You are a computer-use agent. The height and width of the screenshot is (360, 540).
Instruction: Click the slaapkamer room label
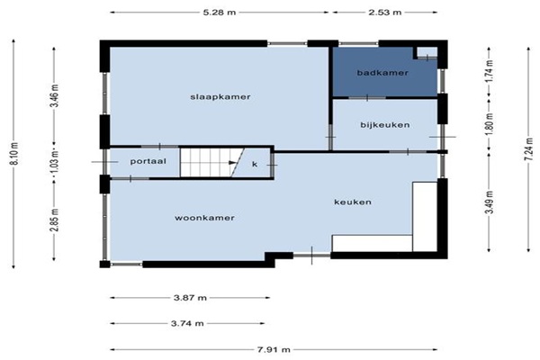220,97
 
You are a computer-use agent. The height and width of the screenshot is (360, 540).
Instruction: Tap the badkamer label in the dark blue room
382,73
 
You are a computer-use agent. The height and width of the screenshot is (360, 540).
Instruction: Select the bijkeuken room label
385,125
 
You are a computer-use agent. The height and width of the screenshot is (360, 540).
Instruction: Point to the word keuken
353,202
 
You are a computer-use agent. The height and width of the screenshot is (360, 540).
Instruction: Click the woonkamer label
204,218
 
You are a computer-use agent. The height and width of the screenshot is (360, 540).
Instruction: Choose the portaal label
148,161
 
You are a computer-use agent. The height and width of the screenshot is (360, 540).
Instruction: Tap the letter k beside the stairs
255,164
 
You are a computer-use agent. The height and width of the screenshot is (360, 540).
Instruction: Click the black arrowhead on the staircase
233,163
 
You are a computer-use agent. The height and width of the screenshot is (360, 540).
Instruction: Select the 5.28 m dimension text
220,13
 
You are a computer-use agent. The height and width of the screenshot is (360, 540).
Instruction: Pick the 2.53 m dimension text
385,13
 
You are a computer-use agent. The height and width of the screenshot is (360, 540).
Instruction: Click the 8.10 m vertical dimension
14,153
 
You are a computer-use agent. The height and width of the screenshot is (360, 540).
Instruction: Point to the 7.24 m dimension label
530,148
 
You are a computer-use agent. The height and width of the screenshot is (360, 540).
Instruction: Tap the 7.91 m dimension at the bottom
274,350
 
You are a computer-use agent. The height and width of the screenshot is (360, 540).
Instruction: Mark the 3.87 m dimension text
190,298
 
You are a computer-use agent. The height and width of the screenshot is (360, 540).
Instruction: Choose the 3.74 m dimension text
187,323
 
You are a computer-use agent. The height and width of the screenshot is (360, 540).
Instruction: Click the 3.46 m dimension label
55,95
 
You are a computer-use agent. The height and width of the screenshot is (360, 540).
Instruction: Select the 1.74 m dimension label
490,71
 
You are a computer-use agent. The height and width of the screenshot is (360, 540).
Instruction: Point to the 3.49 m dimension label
490,202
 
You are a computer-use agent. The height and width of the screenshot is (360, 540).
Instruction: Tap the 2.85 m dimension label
56,220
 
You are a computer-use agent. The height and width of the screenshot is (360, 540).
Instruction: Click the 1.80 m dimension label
490,123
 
